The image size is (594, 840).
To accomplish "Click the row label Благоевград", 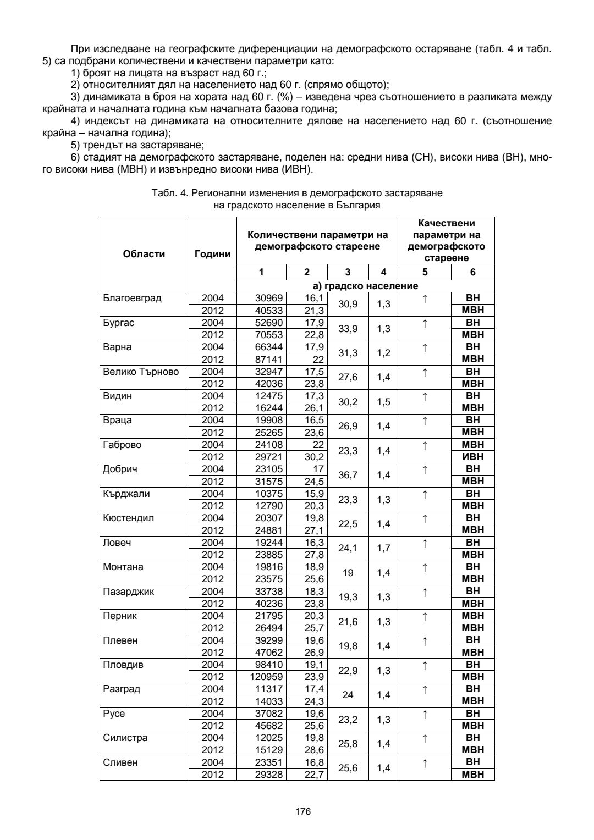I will [132, 299].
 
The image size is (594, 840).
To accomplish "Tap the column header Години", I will [212, 255].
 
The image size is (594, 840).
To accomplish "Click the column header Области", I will [144, 254].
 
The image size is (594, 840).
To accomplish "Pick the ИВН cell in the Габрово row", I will [472, 457].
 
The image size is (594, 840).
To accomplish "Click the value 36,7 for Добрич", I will [348, 475].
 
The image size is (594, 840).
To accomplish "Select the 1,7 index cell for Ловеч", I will [383, 548].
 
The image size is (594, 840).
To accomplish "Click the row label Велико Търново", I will [141, 372].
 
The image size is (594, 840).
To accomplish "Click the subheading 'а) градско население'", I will [365, 286].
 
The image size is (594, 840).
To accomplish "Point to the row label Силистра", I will [125, 738].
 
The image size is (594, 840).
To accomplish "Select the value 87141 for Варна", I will [269, 359].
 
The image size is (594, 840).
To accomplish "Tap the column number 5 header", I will [425, 272].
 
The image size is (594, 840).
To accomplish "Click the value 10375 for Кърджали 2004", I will [269, 494].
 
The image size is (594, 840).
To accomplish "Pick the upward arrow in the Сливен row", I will [425, 762].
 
